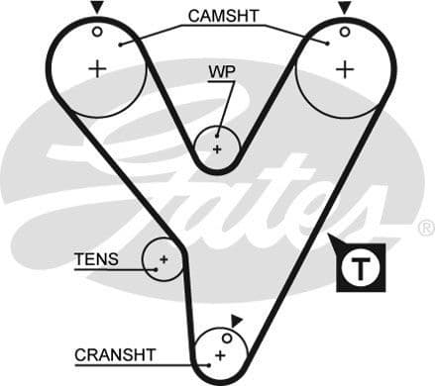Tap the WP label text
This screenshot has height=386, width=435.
(221, 73)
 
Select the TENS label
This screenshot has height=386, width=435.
(96, 260)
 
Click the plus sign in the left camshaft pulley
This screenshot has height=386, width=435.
(97, 68)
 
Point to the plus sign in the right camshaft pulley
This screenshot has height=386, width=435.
(343, 68)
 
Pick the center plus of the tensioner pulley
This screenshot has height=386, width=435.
(162, 261)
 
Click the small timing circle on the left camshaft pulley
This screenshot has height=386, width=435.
(97, 31)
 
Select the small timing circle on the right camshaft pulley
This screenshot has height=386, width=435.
(343, 31)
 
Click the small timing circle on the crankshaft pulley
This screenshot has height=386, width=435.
(226, 338)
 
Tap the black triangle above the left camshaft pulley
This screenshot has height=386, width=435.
(97, 8)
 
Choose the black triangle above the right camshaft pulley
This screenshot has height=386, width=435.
(344, 8)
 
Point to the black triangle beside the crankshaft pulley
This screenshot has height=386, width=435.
(237, 320)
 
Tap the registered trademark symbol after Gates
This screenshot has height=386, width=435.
(426, 228)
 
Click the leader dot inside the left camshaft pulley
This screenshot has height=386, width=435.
(119, 45)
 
